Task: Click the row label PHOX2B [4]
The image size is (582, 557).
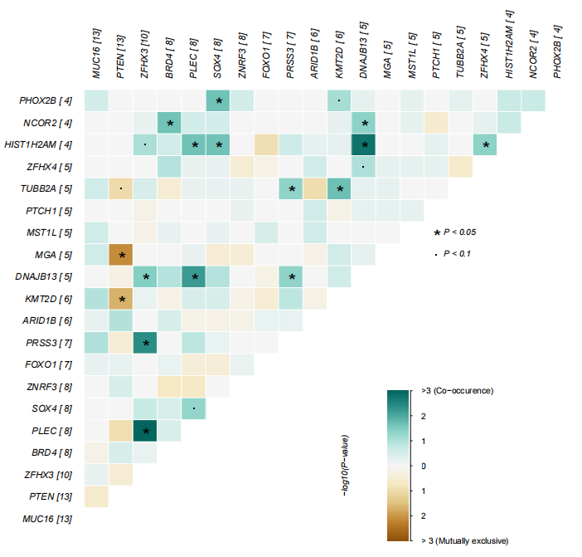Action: (x=46, y=101)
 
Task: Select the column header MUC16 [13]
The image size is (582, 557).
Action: (x=97, y=53)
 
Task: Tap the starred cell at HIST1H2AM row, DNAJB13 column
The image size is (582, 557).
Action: (x=364, y=144)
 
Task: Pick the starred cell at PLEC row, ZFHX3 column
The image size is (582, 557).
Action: (x=146, y=430)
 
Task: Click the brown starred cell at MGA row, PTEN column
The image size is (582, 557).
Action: (x=122, y=254)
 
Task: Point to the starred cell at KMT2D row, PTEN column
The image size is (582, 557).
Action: (x=122, y=298)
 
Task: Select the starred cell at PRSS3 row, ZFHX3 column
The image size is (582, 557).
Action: (x=146, y=342)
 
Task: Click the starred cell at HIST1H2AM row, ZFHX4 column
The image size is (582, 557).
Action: (x=486, y=144)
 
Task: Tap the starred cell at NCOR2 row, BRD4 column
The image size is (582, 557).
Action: (x=170, y=123)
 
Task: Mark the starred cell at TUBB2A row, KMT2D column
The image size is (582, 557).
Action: (x=340, y=188)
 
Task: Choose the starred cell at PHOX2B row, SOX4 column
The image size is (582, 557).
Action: (x=219, y=101)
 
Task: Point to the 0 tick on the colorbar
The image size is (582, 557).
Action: (x=424, y=466)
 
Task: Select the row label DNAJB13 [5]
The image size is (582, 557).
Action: (x=46, y=276)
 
